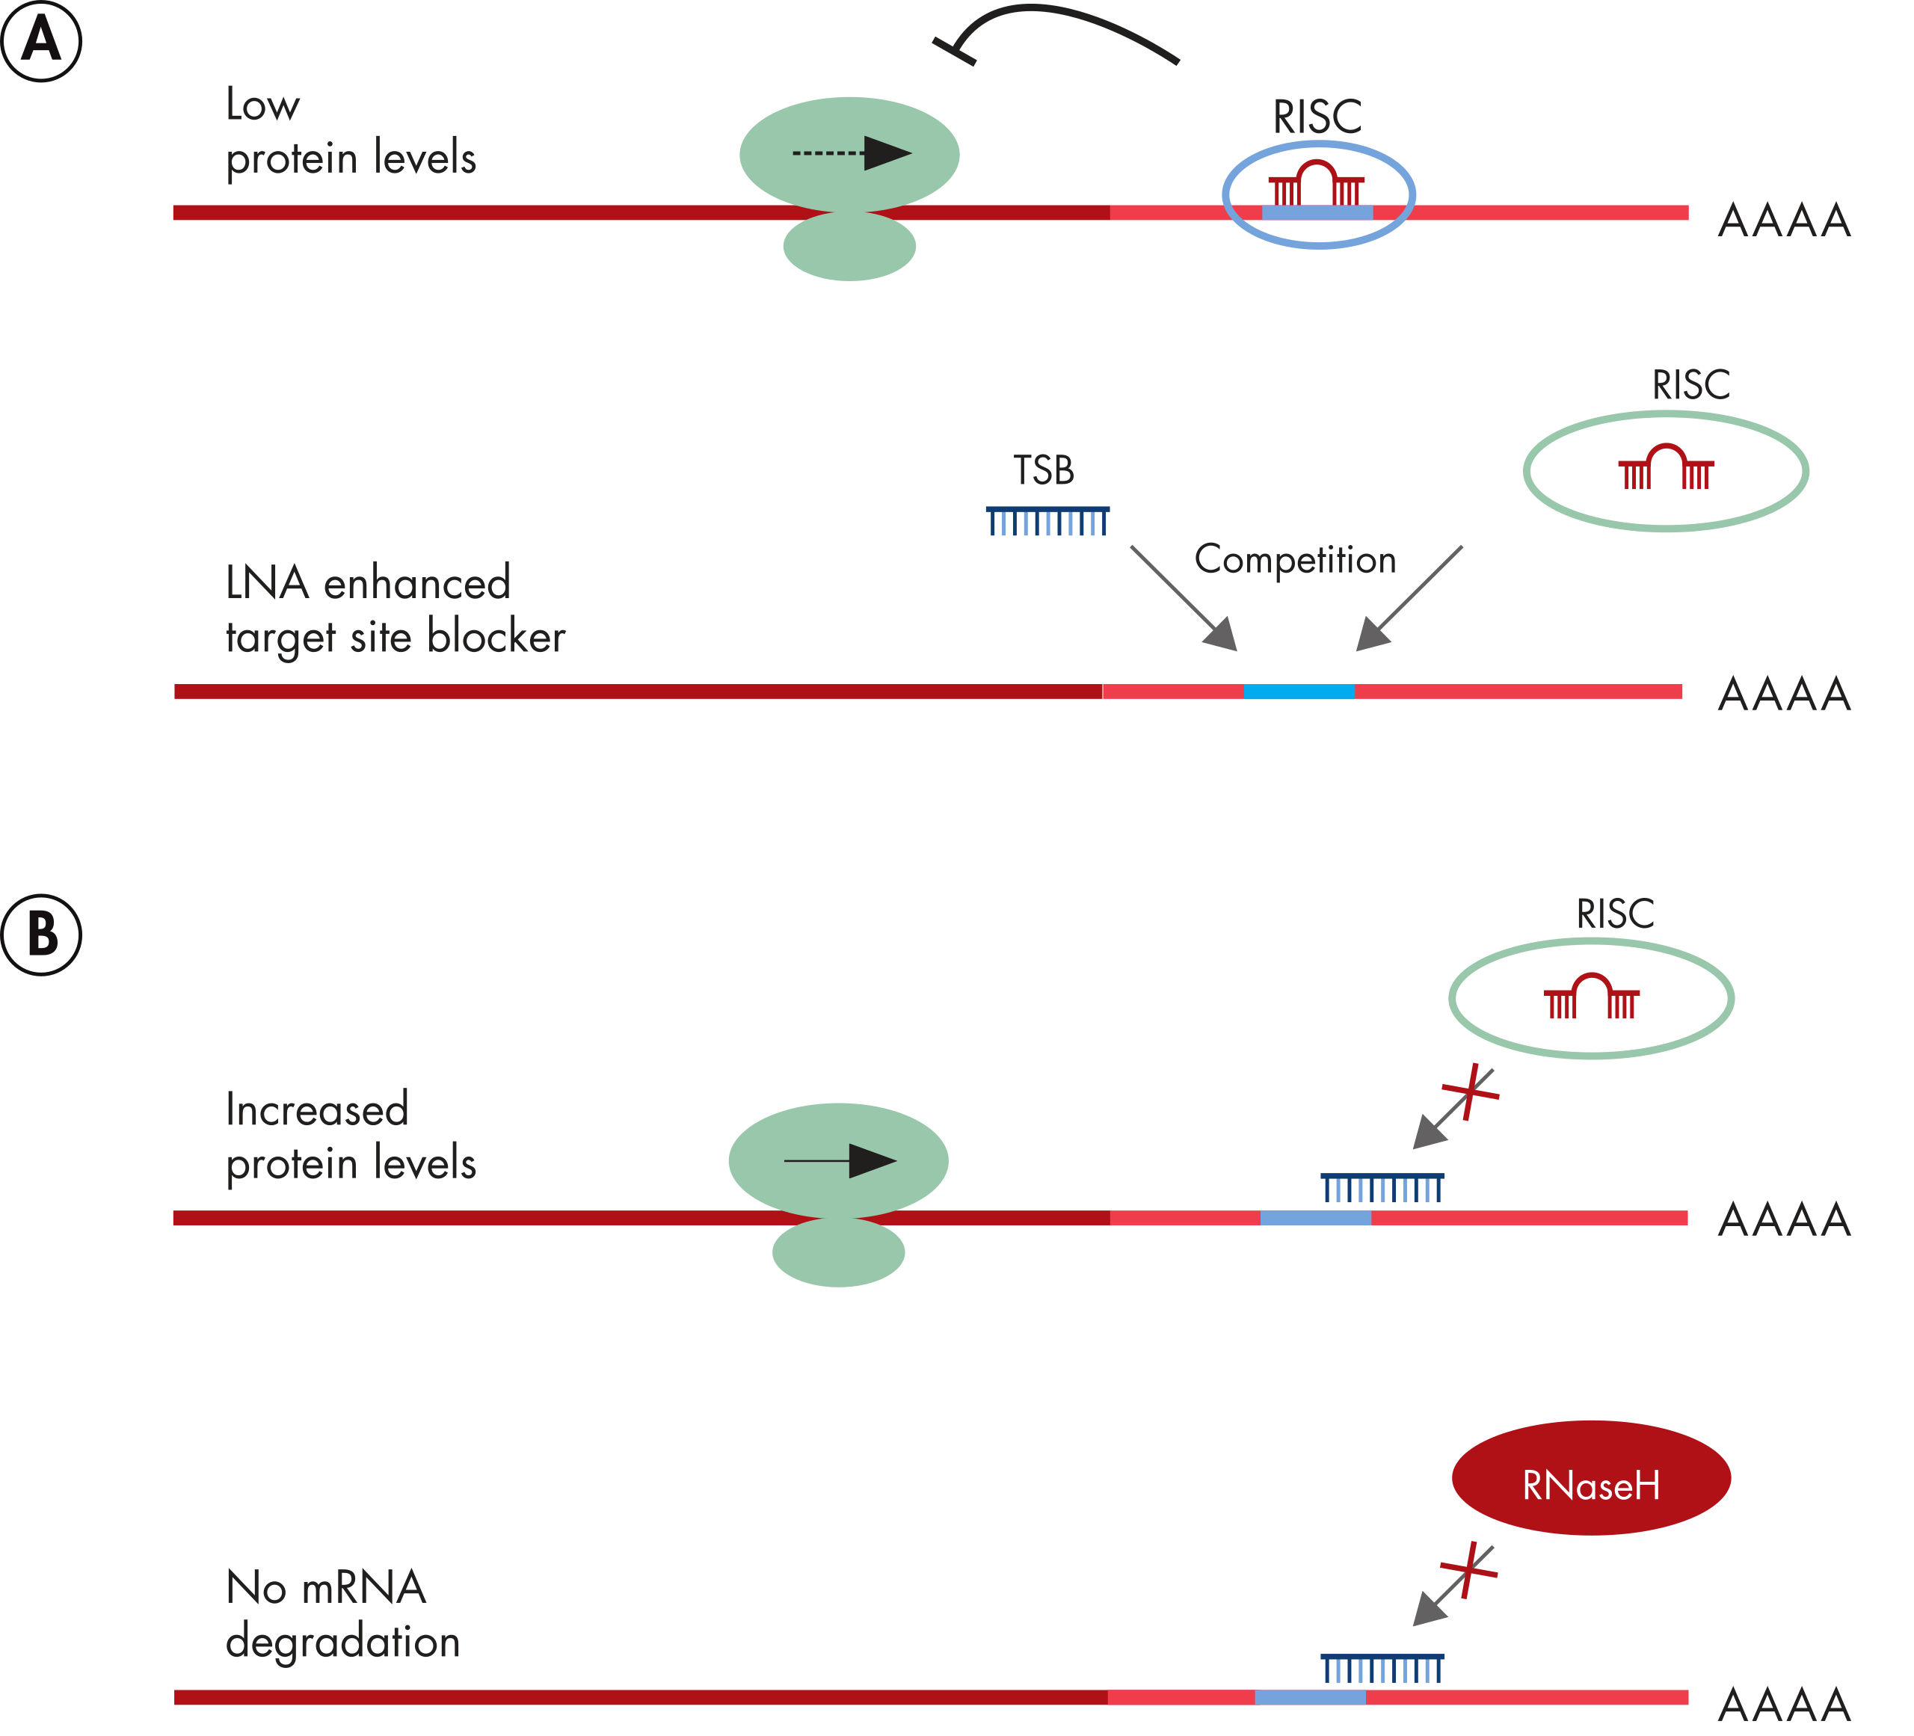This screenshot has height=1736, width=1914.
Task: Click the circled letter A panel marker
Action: [41, 41]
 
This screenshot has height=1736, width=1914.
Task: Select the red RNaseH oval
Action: [1591, 1478]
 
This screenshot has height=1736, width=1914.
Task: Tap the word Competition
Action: [1295, 559]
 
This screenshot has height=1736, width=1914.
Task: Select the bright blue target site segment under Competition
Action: [1299, 692]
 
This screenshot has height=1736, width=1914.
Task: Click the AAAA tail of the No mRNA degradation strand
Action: [1784, 1705]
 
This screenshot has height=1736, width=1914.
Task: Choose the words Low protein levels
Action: [351, 131]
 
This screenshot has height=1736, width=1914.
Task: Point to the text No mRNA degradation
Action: [342, 1613]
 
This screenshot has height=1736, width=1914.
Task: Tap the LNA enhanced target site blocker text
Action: [394, 609]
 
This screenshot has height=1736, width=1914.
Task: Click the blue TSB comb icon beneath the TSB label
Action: [1047, 521]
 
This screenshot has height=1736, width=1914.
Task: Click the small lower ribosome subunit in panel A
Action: [849, 246]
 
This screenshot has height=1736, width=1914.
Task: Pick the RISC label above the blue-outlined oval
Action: [1317, 117]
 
